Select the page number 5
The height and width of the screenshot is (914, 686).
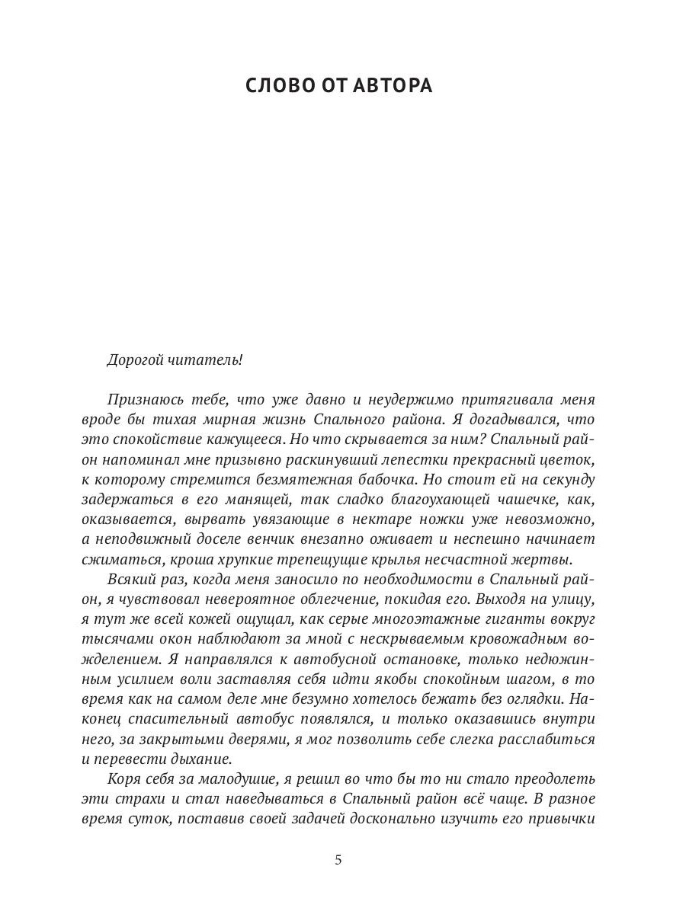tap(338, 861)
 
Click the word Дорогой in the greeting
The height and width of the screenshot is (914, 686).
tap(135, 360)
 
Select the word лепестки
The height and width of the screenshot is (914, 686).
tap(412, 459)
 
